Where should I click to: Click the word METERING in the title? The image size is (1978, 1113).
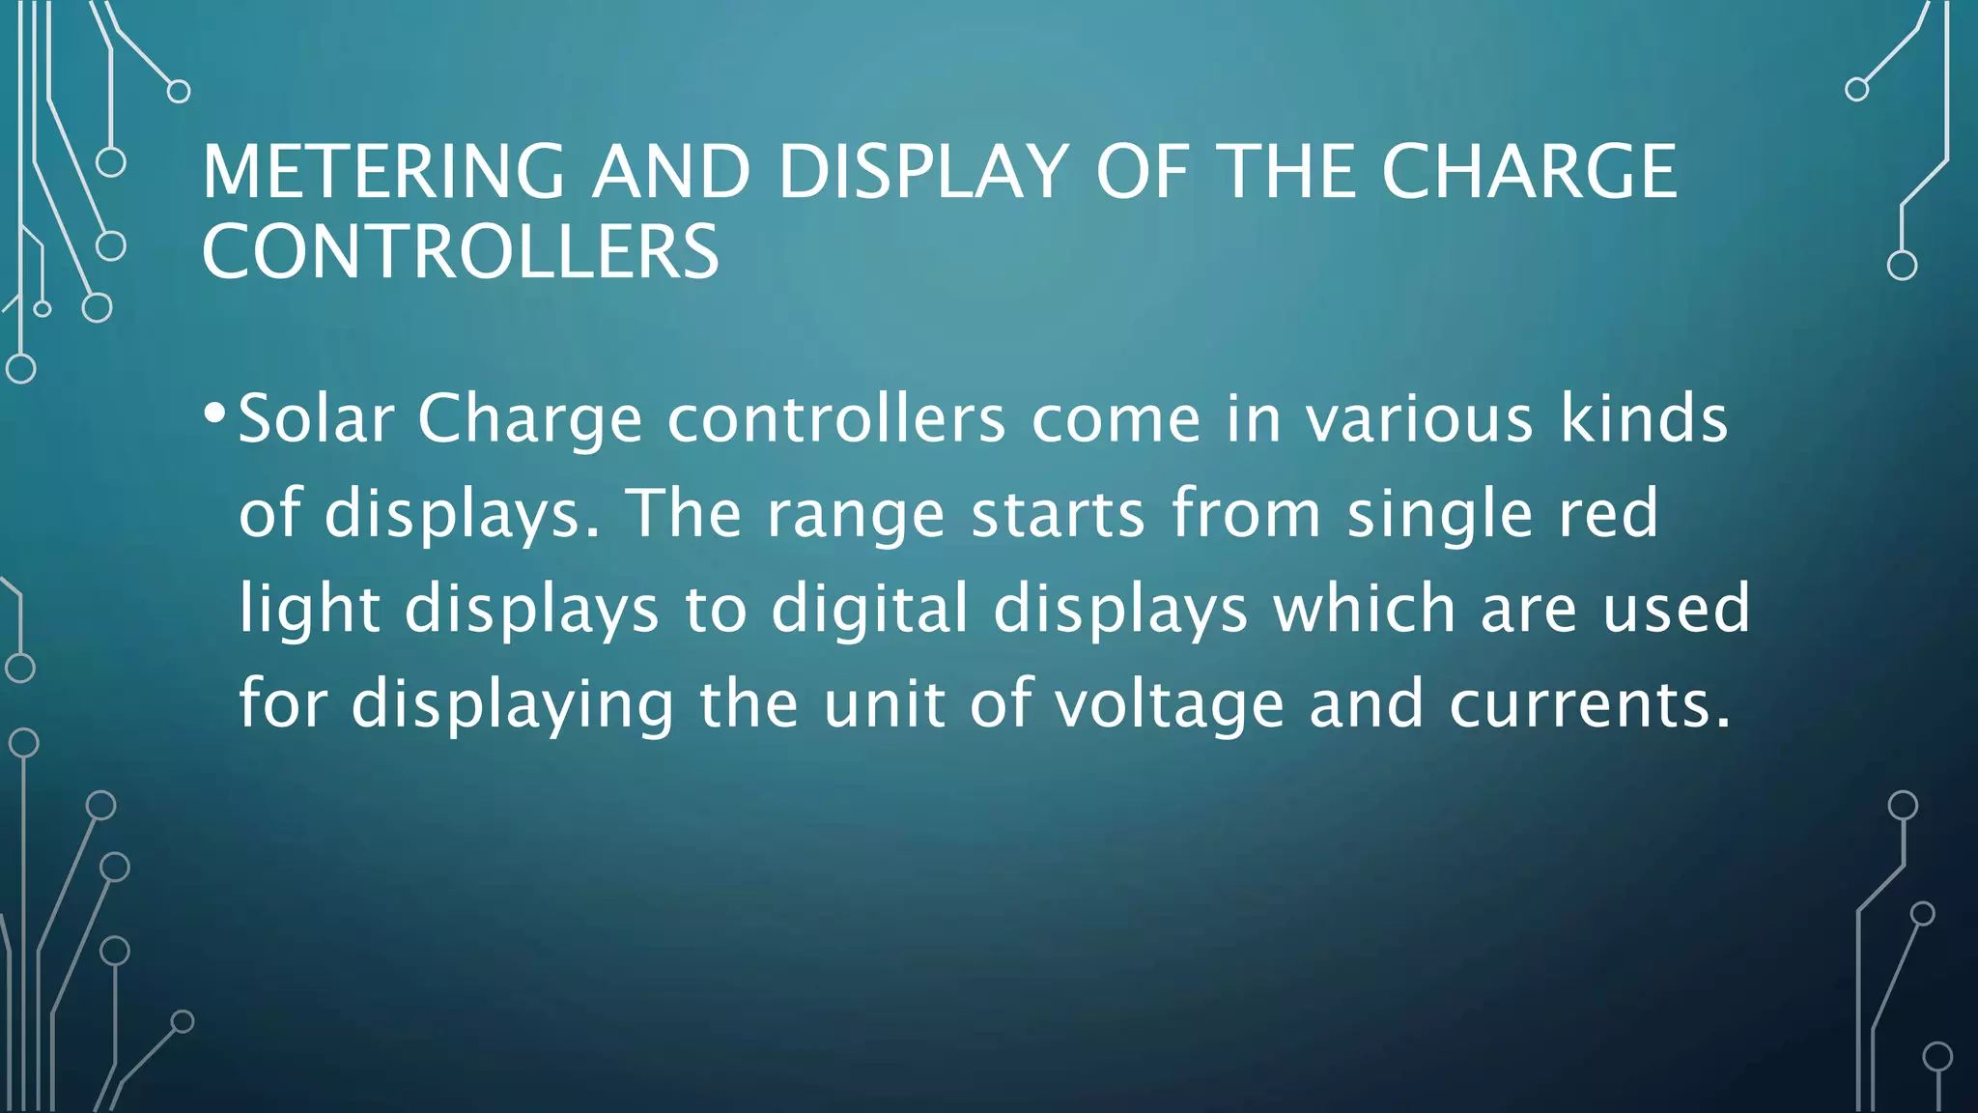coord(383,172)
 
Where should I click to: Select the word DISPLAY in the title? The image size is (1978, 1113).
coord(922,172)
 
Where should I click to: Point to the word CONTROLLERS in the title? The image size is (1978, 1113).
coord(461,252)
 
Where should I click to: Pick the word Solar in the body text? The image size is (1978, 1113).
coord(316,419)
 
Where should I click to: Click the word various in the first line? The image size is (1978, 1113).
coord(1419,419)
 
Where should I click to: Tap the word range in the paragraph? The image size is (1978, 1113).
coord(856,514)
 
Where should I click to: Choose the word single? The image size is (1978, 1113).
coord(1440,514)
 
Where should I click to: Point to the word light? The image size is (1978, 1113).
coord(310,609)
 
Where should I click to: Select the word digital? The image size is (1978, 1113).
coord(869,609)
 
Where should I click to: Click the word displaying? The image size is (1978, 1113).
coord(512,703)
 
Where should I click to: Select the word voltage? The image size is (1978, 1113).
coord(1169,703)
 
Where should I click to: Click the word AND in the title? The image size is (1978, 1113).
coord(671,172)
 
